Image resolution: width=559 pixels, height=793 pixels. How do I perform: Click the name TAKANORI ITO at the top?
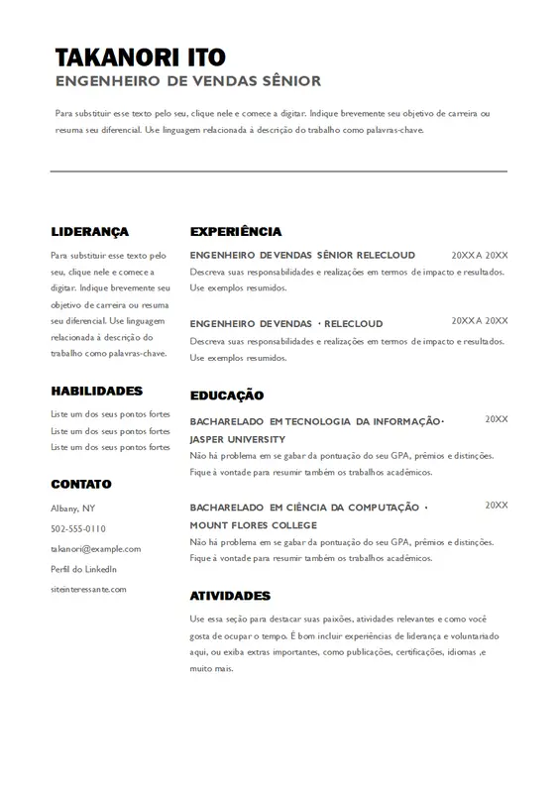pyautogui.click(x=140, y=57)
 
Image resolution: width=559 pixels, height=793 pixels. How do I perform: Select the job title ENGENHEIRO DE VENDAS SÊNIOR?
pyautogui.click(x=188, y=81)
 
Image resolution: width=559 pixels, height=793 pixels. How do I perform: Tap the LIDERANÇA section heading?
pyautogui.click(x=90, y=231)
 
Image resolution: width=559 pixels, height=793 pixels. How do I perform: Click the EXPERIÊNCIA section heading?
pyautogui.click(x=236, y=231)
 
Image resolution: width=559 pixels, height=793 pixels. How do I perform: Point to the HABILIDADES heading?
pyautogui.click(x=97, y=391)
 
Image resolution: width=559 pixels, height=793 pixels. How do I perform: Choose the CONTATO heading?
pyautogui.click(x=81, y=484)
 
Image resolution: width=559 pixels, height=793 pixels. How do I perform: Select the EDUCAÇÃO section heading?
pyautogui.click(x=227, y=395)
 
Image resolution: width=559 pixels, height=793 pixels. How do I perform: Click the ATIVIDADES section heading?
pyautogui.click(x=230, y=596)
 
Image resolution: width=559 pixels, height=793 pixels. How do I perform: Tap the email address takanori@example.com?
pyautogui.click(x=96, y=548)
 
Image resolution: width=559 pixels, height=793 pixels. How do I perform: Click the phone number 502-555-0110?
pyautogui.click(x=78, y=528)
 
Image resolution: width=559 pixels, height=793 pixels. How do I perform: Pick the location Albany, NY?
pyautogui.click(x=73, y=508)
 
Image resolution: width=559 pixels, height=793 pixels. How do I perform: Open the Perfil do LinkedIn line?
pyautogui.click(x=84, y=568)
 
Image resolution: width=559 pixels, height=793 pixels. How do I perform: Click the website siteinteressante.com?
pyautogui.click(x=89, y=589)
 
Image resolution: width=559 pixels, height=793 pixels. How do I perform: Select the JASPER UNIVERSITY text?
pyautogui.click(x=238, y=438)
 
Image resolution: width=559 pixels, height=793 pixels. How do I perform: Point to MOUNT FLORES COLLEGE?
pyautogui.click(x=254, y=524)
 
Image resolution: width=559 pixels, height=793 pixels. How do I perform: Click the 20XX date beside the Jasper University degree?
pyautogui.click(x=496, y=419)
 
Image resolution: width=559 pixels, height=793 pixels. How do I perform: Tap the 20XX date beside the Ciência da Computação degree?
pyautogui.click(x=496, y=506)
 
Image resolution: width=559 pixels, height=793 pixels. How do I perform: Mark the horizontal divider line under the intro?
pyautogui.click(x=279, y=170)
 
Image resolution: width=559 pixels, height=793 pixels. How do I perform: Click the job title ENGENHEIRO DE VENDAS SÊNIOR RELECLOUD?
pyautogui.click(x=302, y=255)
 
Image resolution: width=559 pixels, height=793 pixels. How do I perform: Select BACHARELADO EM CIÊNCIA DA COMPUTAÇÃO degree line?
pyautogui.click(x=307, y=507)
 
